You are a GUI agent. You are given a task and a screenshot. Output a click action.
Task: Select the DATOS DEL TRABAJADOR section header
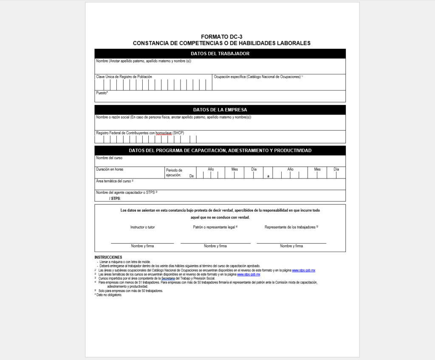tap(220, 54)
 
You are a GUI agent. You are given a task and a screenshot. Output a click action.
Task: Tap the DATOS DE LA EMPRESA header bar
tap(220, 110)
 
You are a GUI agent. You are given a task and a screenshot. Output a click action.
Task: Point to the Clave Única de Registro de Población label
tap(124, 77)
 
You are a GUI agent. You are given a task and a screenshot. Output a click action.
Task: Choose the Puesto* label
tap(102, 93)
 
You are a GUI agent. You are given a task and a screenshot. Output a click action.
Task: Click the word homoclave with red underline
tap(164, 133)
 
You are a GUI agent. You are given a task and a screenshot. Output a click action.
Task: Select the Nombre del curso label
tap(110, 158)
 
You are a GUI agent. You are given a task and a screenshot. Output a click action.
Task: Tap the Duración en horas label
tap(110, 170)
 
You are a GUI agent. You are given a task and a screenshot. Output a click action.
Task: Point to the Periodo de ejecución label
tap(174, 172)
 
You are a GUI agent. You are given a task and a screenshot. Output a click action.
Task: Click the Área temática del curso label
tap(115, 181)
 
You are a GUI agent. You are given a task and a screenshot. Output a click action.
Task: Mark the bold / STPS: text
tap(115, 198)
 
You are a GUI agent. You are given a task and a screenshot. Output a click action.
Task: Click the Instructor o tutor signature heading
tap(142, 227)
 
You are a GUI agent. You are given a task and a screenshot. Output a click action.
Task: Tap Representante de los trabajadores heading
tap(291, 227)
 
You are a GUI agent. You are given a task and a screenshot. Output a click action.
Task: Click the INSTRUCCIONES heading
tap(108, 257)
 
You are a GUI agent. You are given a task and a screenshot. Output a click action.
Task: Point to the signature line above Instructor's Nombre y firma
tap(142, 243)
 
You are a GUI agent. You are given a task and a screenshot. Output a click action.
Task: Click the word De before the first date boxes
tap(192, 176)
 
